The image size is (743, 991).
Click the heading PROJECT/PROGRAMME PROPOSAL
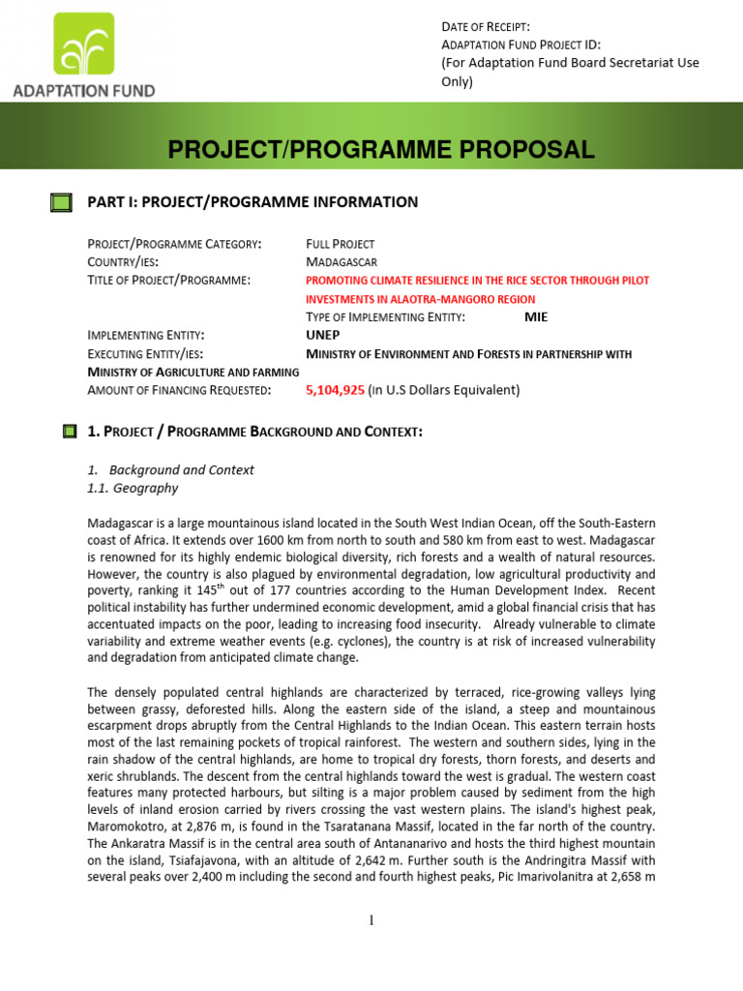(x=380, y=149)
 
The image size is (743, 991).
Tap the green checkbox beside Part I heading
(x=61, y=202)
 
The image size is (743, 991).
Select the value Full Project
(x=340, y=244)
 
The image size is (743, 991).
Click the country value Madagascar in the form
(x=342, y=262)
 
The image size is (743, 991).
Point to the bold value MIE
(x=536, y=316)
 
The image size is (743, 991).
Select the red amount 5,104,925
(x=335, y=390)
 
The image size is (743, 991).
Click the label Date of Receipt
(x=486, y=27)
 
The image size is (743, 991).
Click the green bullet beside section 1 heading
(x=70, y=431)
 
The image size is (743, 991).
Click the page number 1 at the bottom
(x=371, y=920)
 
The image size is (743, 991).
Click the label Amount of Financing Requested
(x=179, y=390)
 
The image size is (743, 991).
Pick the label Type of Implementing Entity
(x=385, y=316)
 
